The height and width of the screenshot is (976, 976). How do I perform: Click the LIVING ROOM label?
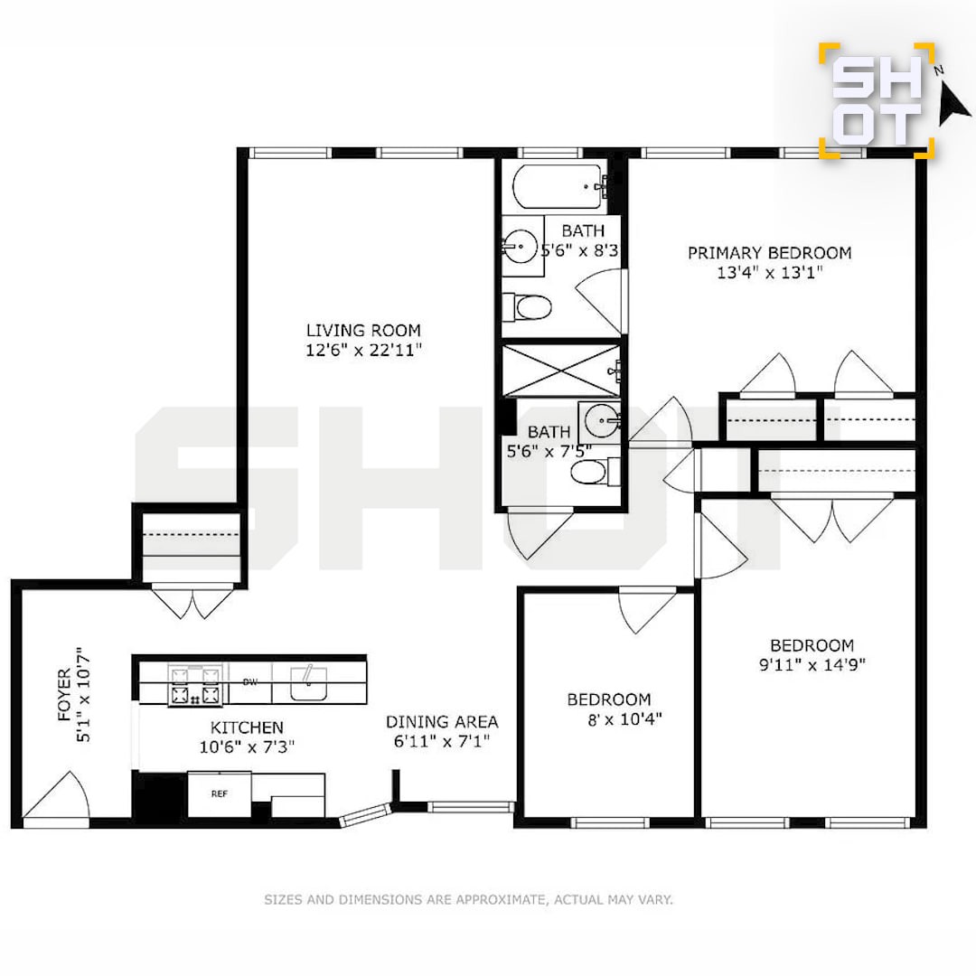363,330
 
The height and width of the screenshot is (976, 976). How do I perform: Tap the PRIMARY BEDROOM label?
769,253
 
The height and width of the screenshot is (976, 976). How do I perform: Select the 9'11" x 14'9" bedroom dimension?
812,665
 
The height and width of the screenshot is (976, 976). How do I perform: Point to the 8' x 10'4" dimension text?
624,719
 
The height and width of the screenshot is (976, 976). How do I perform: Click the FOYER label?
65,695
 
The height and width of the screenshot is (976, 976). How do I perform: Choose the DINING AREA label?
442,722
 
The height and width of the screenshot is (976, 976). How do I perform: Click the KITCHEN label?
247,727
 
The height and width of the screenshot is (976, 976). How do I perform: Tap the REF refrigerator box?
219,793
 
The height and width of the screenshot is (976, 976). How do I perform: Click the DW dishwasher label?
249,682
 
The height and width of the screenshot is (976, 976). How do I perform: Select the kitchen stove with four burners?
195,685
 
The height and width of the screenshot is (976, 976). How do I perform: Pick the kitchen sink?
308,683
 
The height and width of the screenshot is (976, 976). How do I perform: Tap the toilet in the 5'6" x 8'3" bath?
527,307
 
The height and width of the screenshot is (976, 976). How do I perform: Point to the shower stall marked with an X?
561,371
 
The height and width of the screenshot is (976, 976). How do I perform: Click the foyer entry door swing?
57,795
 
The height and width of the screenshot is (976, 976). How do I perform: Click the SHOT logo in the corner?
877,101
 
